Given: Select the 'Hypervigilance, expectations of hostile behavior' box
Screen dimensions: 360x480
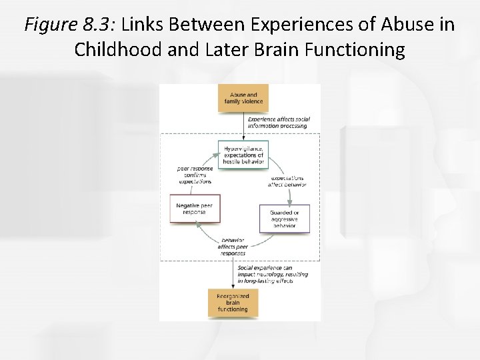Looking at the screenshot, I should point(243,153).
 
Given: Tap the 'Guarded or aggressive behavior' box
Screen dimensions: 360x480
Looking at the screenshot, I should point(285,219).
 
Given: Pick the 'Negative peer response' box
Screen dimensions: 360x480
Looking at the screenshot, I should point(195,209).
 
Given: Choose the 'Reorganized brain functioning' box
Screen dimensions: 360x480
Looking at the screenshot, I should point(233,303).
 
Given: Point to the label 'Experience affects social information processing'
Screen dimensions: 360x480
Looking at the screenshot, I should point(278,123).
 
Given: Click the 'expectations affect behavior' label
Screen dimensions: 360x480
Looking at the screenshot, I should point(287,181).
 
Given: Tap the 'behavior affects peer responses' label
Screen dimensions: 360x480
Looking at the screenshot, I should point(232,247).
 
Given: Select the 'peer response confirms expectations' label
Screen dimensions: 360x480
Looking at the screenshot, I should point(195,175).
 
